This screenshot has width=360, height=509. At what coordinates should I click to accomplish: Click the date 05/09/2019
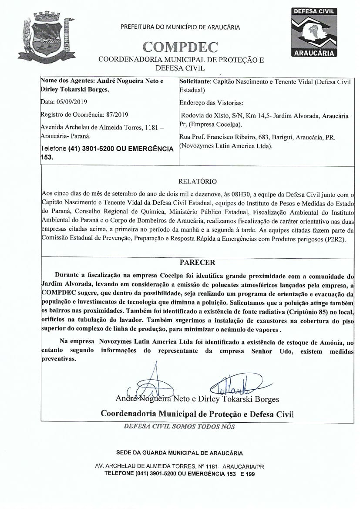pos(72,103)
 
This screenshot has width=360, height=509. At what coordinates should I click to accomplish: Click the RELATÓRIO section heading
pos(198,181)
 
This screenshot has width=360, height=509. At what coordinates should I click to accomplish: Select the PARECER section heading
pos(198,263)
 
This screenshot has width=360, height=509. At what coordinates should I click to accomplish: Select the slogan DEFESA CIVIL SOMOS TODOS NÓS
pos(179,426)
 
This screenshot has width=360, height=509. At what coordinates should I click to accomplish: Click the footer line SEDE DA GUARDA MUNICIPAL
pos(179,453)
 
